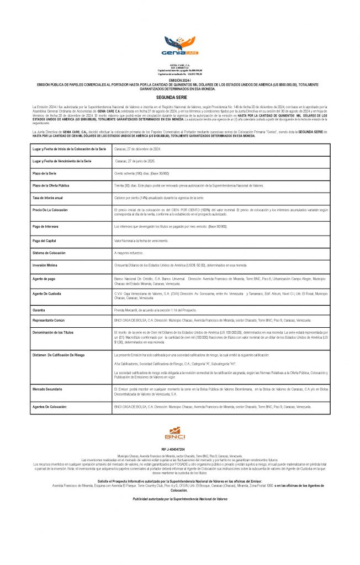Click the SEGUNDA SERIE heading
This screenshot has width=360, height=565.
[180, 96]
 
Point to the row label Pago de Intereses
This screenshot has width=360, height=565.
[47, 227]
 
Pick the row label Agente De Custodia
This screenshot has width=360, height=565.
[48, 293]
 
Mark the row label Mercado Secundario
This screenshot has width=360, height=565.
[50, 389]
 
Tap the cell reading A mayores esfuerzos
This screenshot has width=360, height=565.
[129, 253]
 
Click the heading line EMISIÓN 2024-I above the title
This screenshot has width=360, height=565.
[180, 80]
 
